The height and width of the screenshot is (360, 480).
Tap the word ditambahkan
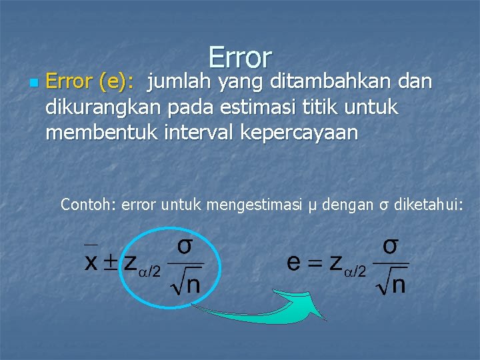315,82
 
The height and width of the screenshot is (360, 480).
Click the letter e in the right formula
293,262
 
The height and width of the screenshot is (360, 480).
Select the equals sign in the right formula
315,262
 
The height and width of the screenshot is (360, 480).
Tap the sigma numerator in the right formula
391,245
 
